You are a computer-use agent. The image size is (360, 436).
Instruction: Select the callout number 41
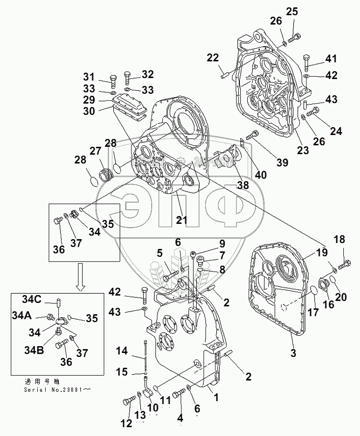331,60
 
